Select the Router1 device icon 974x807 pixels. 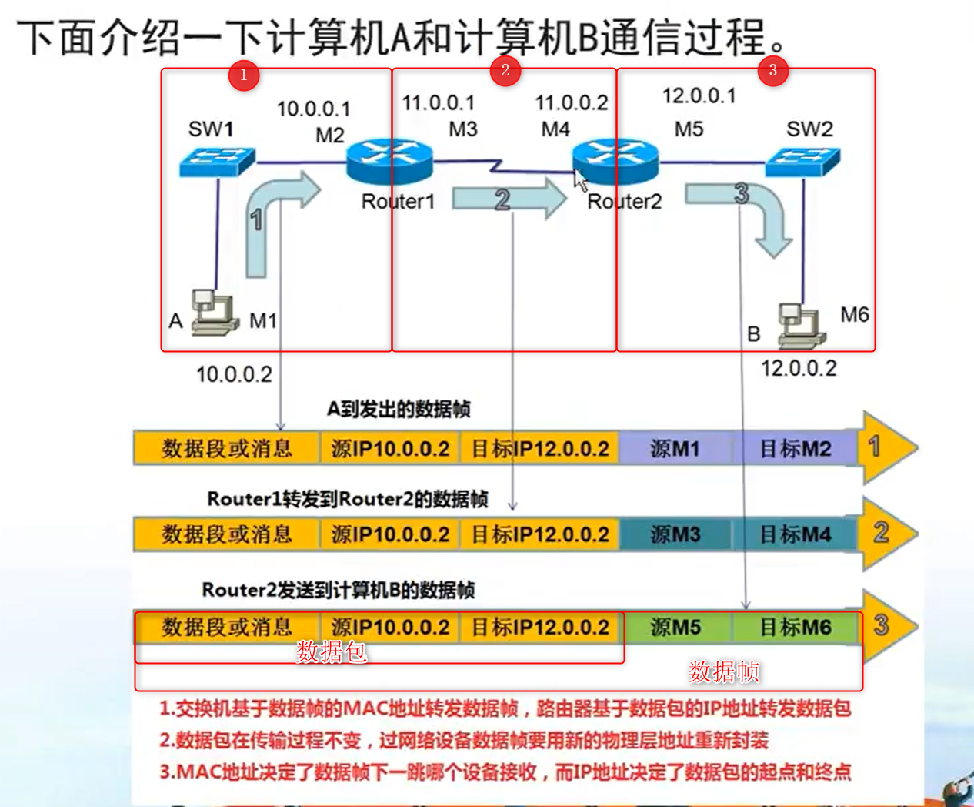[x=389, y=161]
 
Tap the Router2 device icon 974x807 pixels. [x=615, y=161]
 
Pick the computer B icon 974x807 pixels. [x=800, y=325]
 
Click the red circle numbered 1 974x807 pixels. [x=243, y=75]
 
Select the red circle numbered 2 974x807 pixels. [x=505, y=70]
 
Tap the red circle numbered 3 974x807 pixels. [x=772, y=70]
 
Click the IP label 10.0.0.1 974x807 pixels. [x=313, y=109]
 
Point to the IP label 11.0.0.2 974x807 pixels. [x=572, y=102]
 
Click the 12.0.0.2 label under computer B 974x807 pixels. [x=799, y=368]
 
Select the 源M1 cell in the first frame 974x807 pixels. [x=675, y=448]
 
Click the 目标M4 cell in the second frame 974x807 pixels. [x=796, y=534]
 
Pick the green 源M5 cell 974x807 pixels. [x=675, y=627]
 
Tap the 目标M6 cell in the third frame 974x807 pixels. [x=796, y=627]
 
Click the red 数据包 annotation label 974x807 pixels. [x=331, y=651]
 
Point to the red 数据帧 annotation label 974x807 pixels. [x=723, y=671]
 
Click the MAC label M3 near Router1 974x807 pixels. [x=463, y=129]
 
